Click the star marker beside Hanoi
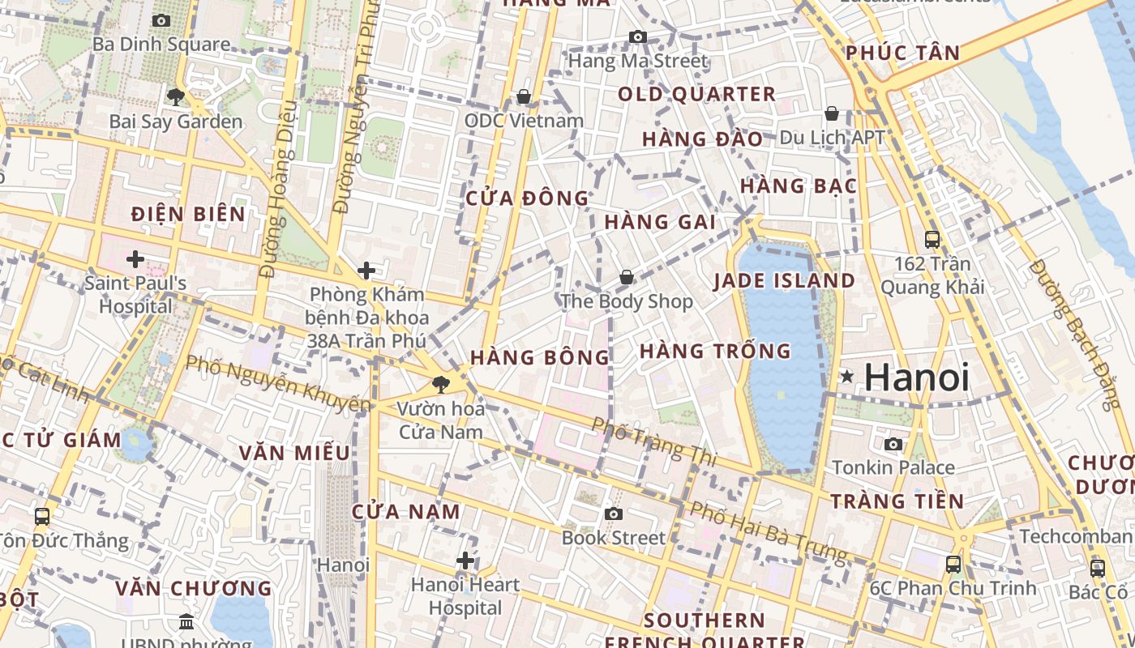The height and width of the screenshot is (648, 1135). (x=847, y=377)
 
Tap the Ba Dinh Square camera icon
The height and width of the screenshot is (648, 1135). (x=161, y=20)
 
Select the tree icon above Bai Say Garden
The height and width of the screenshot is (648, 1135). (x=175, y=97)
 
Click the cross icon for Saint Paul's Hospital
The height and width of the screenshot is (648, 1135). (x=135, y=259)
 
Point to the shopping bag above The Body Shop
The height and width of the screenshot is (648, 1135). (x=627, y=277)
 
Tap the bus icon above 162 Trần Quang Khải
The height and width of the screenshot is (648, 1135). (x=932, y=239)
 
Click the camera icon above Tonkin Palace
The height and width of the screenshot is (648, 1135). (x=893, y=444)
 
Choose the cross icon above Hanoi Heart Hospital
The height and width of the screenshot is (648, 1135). (x=465, y=560)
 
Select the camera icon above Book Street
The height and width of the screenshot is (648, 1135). (x=614, y=514)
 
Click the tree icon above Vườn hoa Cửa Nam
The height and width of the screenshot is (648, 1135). (x=441, y=384)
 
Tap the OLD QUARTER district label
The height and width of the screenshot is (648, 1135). (x=696, y=94)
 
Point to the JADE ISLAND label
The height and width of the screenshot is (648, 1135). (x=784, y=280)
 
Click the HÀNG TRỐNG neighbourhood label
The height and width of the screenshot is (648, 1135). (x=714, y=351)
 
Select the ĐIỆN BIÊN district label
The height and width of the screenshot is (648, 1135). (x=188, y=214)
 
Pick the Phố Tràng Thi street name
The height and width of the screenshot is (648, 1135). (x=653, y=441)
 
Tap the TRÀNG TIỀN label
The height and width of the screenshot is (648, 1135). (x=897, y=501)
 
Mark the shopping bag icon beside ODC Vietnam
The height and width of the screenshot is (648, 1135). (x=524, y=97)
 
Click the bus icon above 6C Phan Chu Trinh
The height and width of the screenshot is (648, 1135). (x=953, y=564)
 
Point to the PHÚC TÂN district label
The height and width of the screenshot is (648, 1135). (x=902, y=53)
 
